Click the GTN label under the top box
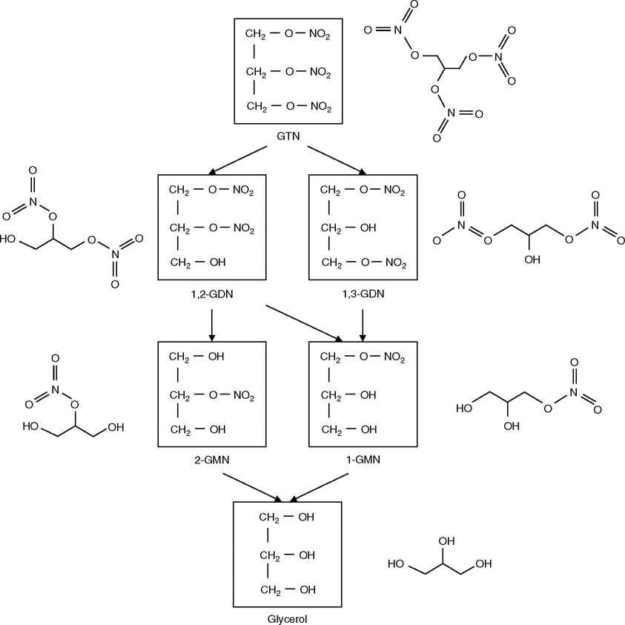(x=288, y=136)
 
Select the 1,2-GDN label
(x=212, y=294)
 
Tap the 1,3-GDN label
(x=363, y=294)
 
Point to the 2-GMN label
(x=212, y=460)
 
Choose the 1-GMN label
(x=363, y=460)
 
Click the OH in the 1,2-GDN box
(x=216, y=263)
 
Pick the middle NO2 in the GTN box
(x=320, y=72)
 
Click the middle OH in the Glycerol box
(x=306, y=555)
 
